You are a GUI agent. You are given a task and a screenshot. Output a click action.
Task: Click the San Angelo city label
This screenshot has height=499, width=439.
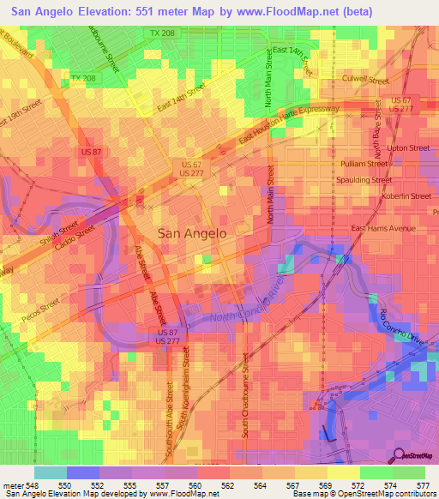click(x=193, y=232)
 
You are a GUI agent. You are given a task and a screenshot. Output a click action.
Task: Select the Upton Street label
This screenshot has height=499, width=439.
click(x=407, y=147)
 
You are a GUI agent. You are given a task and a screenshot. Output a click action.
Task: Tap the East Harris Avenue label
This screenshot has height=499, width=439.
click(x=383, y=228)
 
